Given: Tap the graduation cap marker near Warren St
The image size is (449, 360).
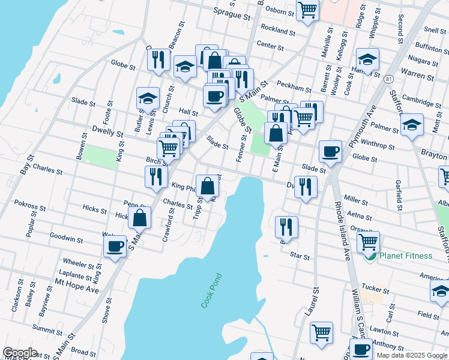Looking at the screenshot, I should tap(367, 59).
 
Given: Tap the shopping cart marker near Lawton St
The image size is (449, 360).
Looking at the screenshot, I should tap(322, 332).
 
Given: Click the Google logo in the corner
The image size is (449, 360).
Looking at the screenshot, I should tap(20, 353).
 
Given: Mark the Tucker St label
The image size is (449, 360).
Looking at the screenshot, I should tap(376, 289).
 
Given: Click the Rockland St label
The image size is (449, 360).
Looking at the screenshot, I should tap(279, 32).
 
